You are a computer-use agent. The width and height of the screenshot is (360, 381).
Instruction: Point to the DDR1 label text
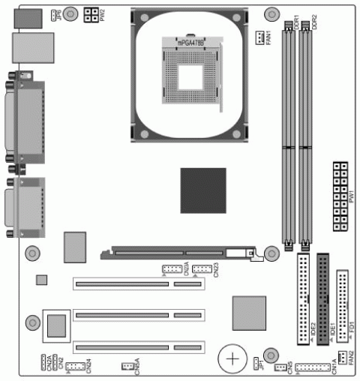297,19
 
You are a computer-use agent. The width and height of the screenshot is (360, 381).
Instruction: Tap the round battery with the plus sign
233,358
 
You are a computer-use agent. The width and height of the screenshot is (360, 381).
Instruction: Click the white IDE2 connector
304,298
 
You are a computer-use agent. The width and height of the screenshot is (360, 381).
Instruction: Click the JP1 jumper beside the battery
256,364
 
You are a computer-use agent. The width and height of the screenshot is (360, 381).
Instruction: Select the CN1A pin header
307,367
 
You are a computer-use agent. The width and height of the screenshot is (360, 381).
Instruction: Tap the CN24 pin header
73,366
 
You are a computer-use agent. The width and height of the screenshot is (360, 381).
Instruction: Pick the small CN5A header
128,366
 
